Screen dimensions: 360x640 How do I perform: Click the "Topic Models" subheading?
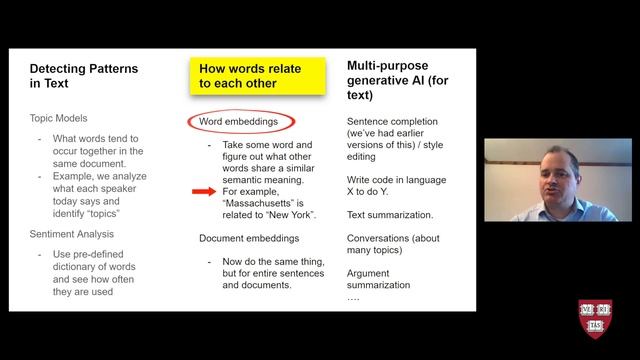(x=61, y=118)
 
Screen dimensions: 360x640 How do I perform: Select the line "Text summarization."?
(x=389, y=214)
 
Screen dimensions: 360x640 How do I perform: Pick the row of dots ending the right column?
(x=352, y=298)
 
